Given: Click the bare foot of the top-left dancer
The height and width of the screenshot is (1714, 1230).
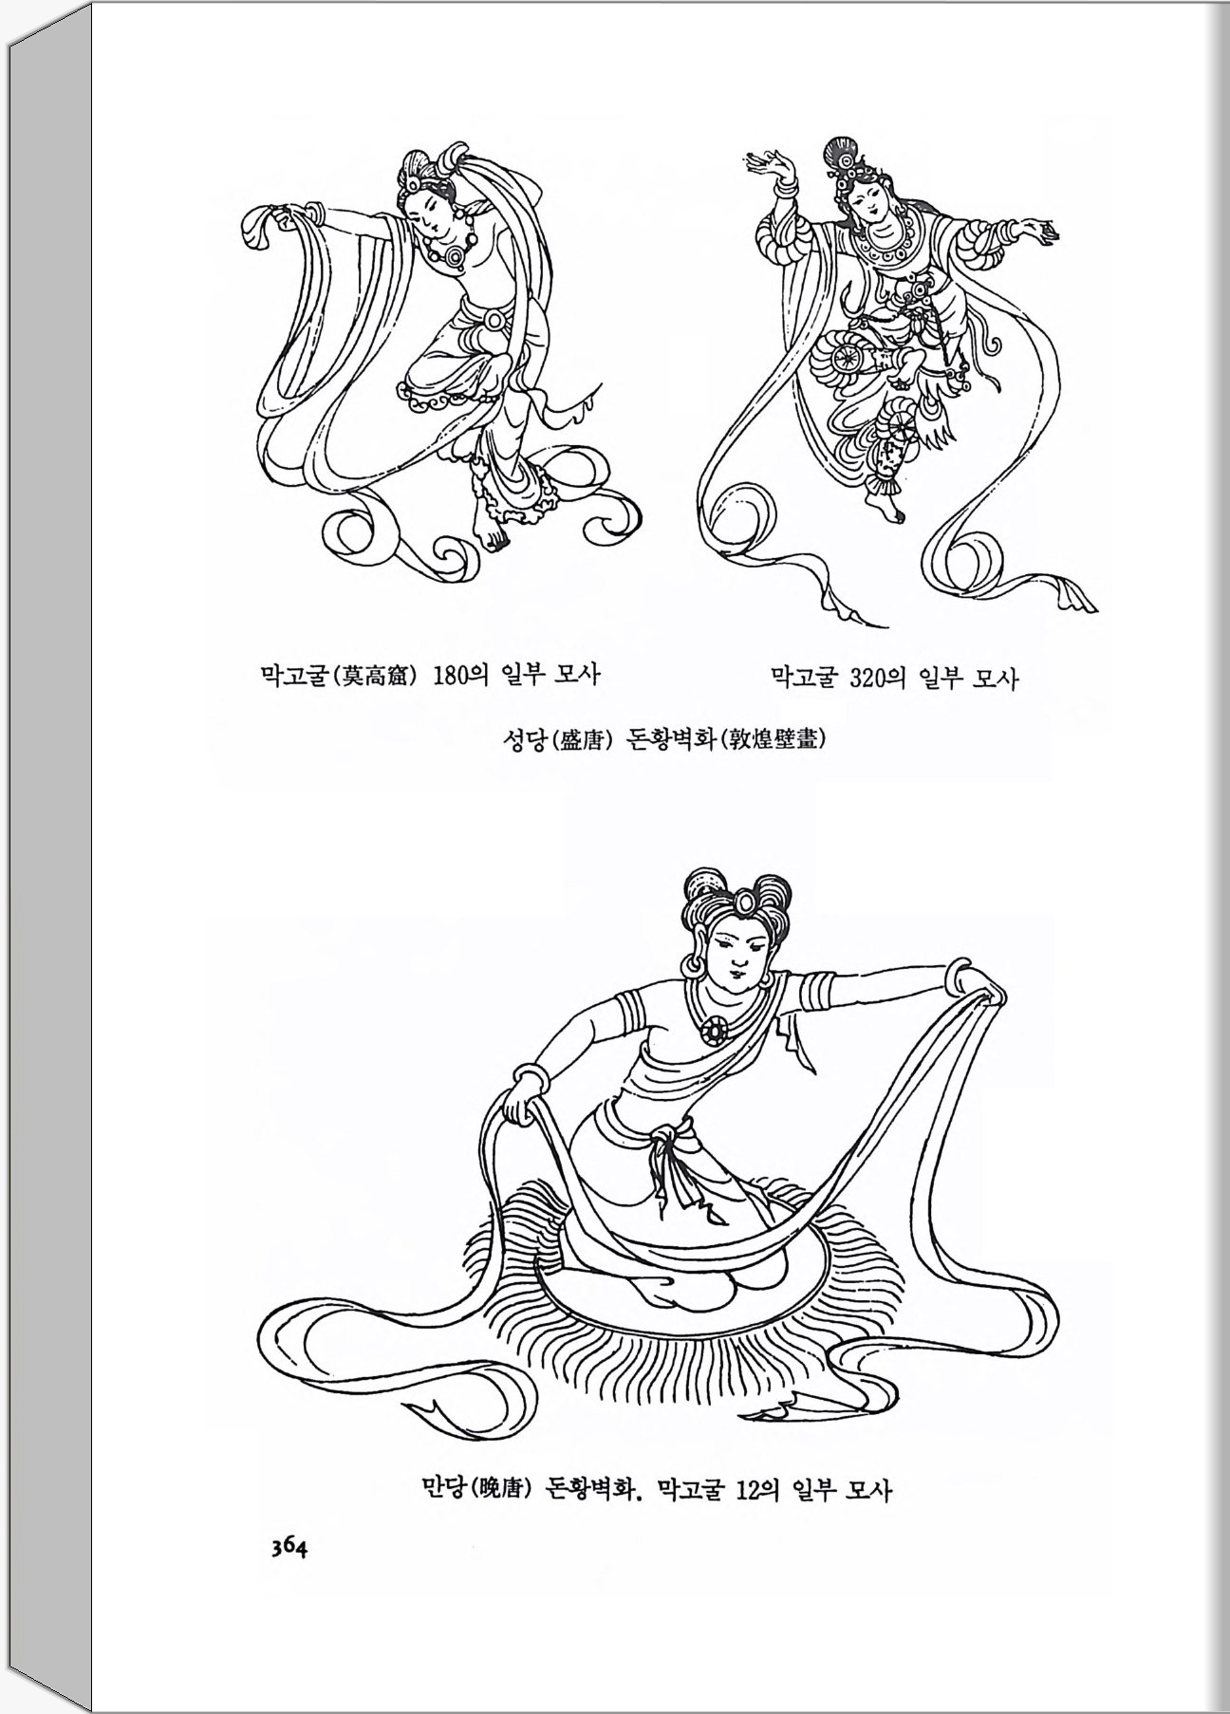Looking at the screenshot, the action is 494,535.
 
